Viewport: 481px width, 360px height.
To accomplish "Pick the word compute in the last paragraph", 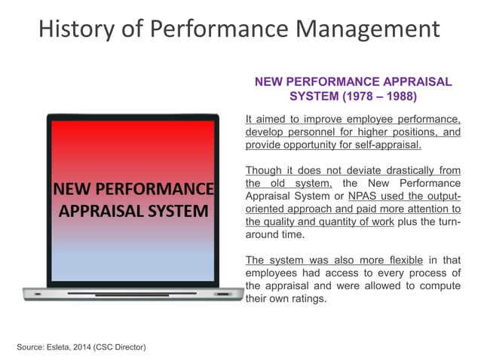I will (x=440, y=286).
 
